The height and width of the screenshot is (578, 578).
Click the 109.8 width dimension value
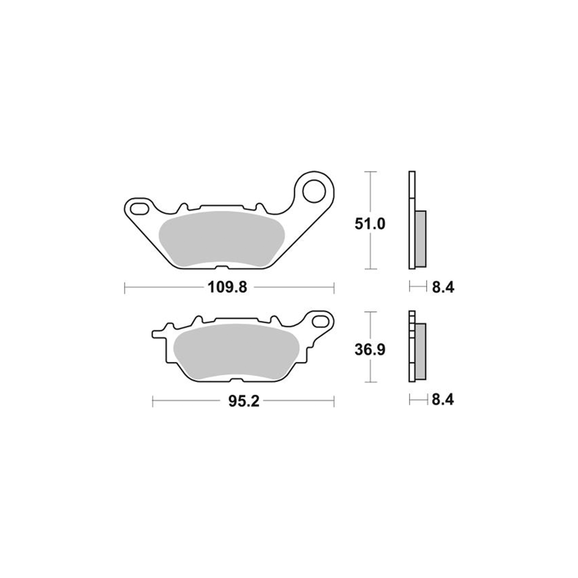click(227, 288)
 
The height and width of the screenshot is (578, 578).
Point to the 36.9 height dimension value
click(370, 350)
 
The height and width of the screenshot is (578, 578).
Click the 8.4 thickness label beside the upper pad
click(443, 288)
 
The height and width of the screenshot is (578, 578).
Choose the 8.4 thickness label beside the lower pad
click(443, 400)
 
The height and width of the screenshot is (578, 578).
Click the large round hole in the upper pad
click(314, 191)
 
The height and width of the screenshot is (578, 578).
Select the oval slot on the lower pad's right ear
click(320, 321)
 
